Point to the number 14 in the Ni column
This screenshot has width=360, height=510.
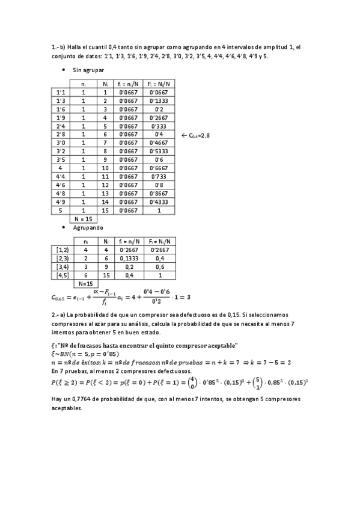105,202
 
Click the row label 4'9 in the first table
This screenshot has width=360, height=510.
61,202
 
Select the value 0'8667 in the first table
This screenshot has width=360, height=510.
158,194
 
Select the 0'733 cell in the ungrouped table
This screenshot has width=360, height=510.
158,177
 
